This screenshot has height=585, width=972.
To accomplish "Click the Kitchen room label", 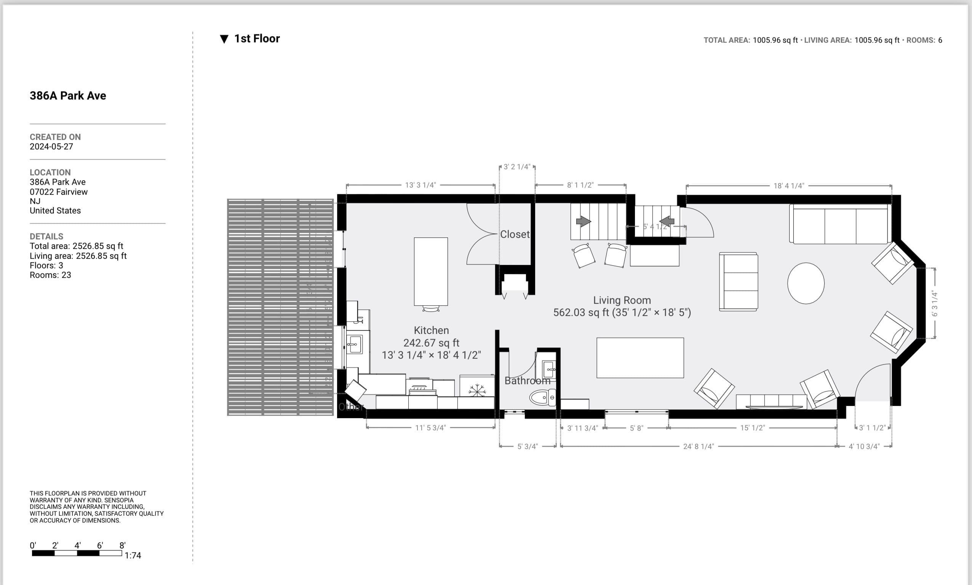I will click(x=431, y=330).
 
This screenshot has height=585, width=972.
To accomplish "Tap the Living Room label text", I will click(x=622, y=300).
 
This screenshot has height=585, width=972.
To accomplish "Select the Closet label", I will click(x=514, y=234).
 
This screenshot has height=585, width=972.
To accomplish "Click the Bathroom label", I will click(x=527, y=381).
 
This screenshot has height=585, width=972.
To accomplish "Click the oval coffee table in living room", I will click(x=806, y=283).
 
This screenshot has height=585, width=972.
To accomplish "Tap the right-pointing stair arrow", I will click(x=583, y=221).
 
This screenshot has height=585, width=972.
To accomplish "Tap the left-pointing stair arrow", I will click(x=667, y=221).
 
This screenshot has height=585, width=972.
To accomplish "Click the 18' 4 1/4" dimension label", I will click(x=788, y=186).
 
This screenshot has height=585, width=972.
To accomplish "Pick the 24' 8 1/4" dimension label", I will click(x=698, y=446).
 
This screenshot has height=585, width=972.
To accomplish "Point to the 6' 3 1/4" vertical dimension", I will click(x=935, y=303).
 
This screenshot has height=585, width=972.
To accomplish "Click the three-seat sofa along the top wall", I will click(x=840, y=224).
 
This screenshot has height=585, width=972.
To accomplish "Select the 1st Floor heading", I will click(x=256, y=38).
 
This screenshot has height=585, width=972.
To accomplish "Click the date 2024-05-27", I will click(x=51, y=147).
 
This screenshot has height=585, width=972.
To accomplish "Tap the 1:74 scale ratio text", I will click(x=133, y=555).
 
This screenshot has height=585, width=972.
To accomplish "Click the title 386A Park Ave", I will click(x=68, y=96).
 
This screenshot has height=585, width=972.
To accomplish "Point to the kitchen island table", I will click(x=430, y=271).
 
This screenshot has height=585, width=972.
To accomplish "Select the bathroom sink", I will click(x=549, y=369).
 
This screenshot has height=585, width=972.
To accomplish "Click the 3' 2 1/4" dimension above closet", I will click(x=517, y=167).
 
